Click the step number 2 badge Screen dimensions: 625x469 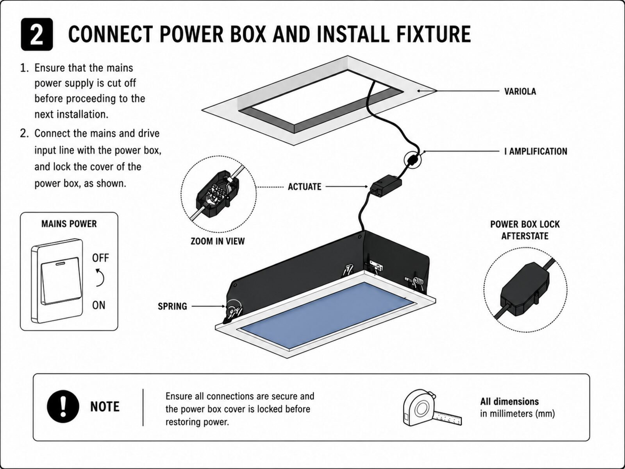click(x=37, y=34)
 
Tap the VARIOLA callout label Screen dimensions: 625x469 click(x=520, y=91)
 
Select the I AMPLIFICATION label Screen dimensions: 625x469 click(x=536, y=151)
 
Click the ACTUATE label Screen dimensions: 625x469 click(x=304, y=187)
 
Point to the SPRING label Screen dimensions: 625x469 click(x=172, y=306)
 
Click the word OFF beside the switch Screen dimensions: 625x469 click(x=100, y=258)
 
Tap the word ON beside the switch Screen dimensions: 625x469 click(x=98, y=305)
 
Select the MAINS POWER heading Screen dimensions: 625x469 click(x=69, y=224)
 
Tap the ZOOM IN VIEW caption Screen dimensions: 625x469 click(x=218, y=241)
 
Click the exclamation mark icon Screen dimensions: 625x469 click(x=63, y=406)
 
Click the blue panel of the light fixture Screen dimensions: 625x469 click(x=327, y=315)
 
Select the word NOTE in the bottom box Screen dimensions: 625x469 click(x=105, y=406)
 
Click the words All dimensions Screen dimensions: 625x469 click(x=509, y=401)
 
